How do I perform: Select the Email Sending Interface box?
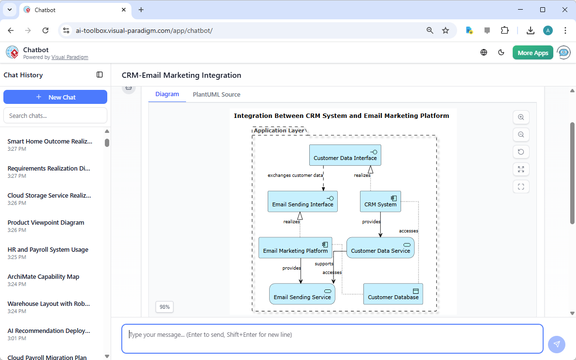[x=302, y=202]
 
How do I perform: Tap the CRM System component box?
[x=380, y=202]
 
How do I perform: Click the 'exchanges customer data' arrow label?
[x=295, y=175]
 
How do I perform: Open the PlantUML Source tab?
[x=216, y=94]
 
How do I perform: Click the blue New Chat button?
[x=55, y=97]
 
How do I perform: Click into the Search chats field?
[x=55, y=115]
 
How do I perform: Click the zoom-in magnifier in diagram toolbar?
[x=521, y=117]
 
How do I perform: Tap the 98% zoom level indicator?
[x=165, y=307]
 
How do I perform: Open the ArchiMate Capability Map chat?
[x=43, y=277]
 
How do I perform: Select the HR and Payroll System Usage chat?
[x=48, y=250]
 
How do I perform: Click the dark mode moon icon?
[x=501, y=53]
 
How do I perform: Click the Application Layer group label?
[x=279, y=130]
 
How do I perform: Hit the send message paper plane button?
[x=557, y=344]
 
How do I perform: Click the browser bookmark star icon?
[x=446, y=30]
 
